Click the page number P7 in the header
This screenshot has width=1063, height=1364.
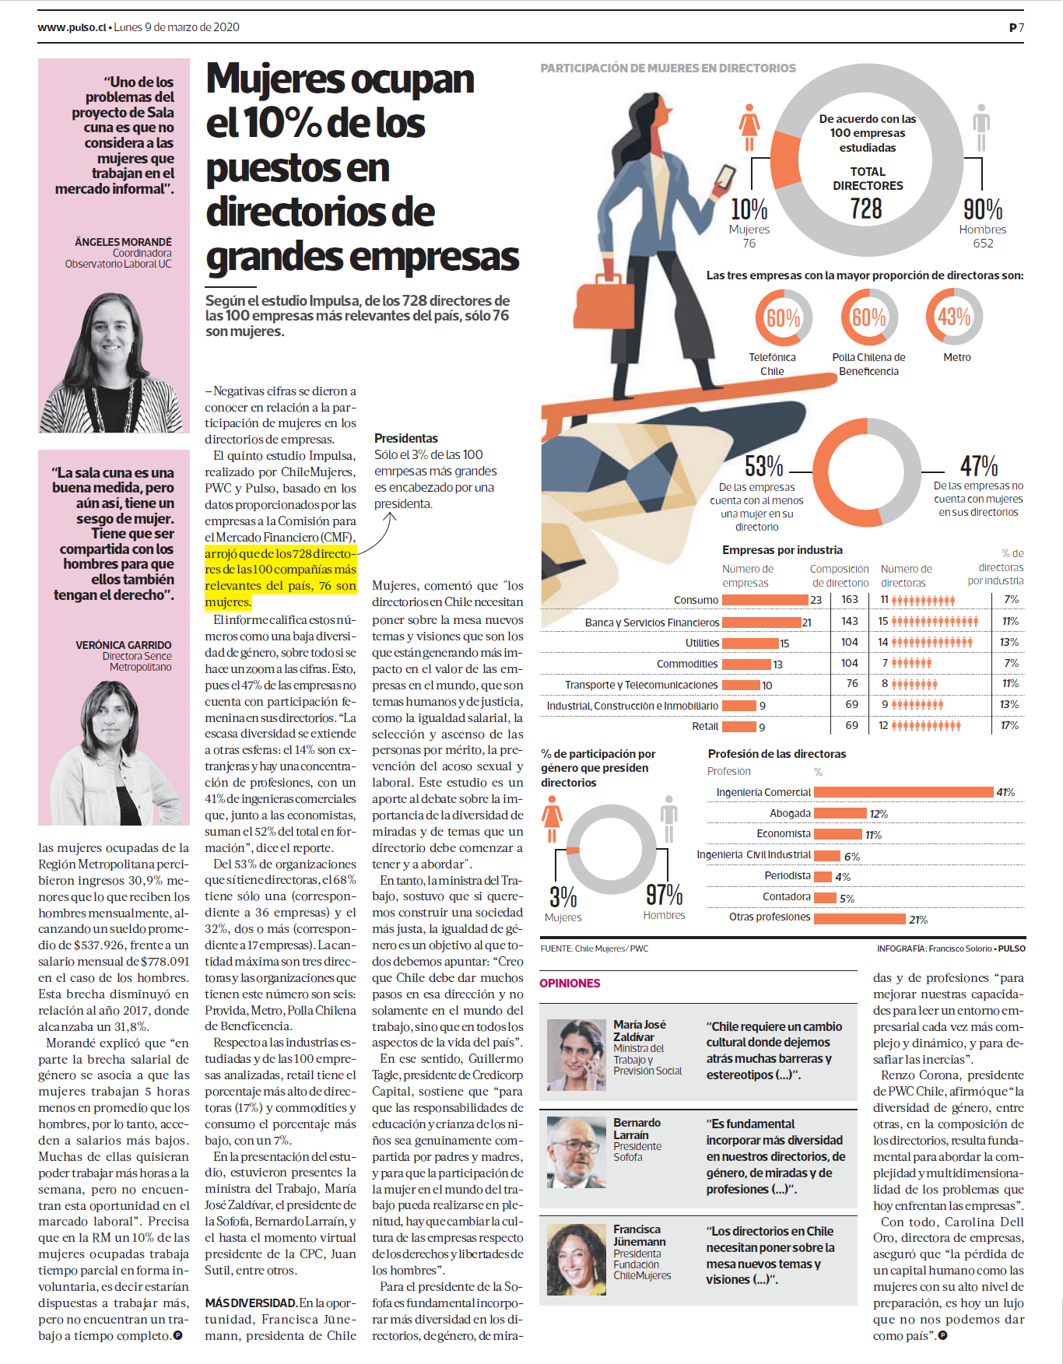[x=1016, y=27]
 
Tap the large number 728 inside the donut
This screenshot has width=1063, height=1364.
[x=866, y=209]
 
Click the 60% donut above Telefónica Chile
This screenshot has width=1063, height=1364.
[x=783, y=317]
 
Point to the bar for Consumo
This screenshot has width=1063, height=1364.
[x=765, y=600]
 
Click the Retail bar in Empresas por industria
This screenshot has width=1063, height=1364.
[x=739, y=727]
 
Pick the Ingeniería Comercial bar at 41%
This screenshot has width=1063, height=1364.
[x=903, y=792]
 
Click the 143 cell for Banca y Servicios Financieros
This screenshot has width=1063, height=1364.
[x=850, y=621]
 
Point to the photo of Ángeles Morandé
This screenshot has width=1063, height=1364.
[x=114, y=363]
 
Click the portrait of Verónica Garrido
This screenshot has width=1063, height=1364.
[x=114, y=752]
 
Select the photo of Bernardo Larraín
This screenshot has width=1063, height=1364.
[x=577, y=1152]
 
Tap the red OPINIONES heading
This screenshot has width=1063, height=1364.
[x=570, y=984]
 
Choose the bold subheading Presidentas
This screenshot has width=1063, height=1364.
[x=406, y=439]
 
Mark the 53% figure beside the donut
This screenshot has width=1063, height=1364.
[x=763, y=466]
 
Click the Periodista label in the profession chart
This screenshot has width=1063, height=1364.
[x=788, y=876]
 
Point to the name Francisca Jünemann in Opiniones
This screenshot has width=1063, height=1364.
[x=640, y=1236]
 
